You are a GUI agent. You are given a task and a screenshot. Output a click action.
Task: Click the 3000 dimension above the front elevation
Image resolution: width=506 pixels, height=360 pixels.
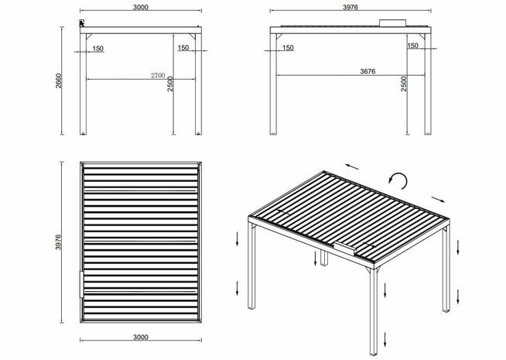click(x=139, y=7)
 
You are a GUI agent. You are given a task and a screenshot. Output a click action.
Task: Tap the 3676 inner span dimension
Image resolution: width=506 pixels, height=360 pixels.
click(x=368, y=71)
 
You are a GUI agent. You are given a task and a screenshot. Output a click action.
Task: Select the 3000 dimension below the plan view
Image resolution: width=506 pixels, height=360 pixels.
click(x=140, y=338)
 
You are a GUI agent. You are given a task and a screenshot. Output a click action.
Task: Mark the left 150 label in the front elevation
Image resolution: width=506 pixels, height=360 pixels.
click(x=97, y=48)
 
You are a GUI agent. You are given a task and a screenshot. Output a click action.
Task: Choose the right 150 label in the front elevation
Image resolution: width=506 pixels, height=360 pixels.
click(x=183, y=48)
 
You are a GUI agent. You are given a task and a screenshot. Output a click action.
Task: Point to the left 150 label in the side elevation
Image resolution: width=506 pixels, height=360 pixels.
click(x=287, y=48)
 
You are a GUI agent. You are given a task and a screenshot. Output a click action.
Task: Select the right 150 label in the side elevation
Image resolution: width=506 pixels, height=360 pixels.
click(x=412, y=46)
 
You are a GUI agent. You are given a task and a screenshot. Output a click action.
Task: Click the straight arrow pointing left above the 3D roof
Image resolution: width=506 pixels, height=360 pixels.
click(x=352, y=166)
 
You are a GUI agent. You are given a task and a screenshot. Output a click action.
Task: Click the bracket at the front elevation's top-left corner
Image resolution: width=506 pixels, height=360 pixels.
click(x=81, y=25)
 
